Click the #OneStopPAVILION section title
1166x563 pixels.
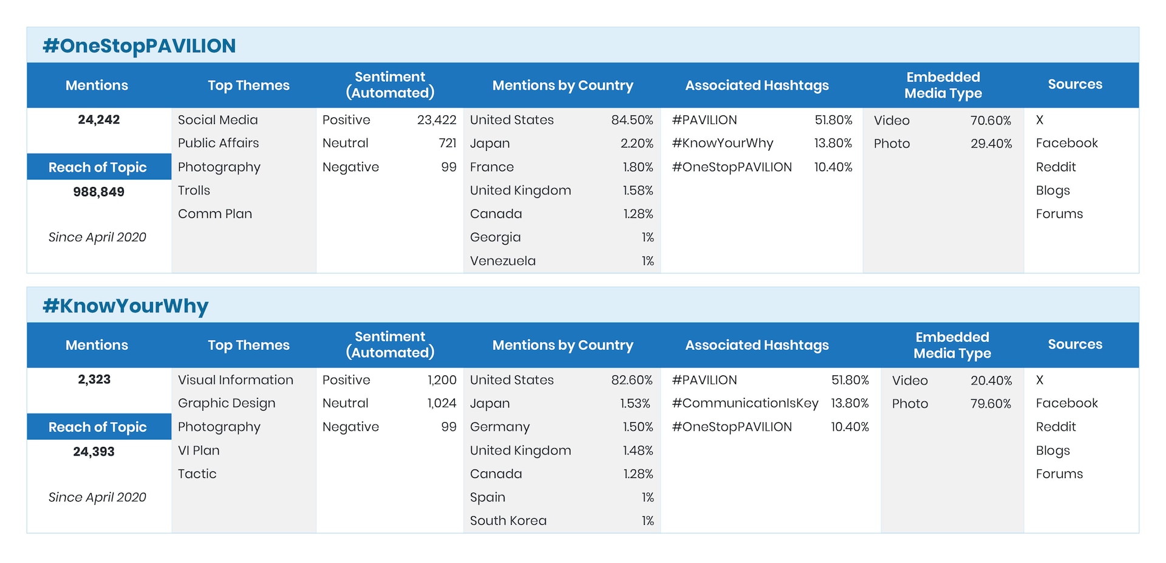point(139,46)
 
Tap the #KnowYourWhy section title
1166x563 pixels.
point(126,306)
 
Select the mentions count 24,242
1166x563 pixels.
point(99,120)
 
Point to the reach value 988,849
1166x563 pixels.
point(99,192)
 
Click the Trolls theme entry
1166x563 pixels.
point(194,191)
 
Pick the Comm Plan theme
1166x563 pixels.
point(215,214)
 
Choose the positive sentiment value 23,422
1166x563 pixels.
point(436,120)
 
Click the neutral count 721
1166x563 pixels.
point(448,143)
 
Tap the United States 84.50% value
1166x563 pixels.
point(632,120)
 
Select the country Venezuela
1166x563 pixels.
point(503,261)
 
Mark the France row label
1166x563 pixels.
point(492,167)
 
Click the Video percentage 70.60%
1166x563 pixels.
point(990,121)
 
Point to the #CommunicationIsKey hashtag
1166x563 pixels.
point(745,403)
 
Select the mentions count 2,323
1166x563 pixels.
point(94,380)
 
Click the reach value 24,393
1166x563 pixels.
point(94,452)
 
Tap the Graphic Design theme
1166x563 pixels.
point(227,403)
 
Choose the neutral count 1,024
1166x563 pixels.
point(442,403)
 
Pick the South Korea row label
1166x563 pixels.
point(508,521)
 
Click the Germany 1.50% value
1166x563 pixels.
point(638,427)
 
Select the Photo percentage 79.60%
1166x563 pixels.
point(990,404)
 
